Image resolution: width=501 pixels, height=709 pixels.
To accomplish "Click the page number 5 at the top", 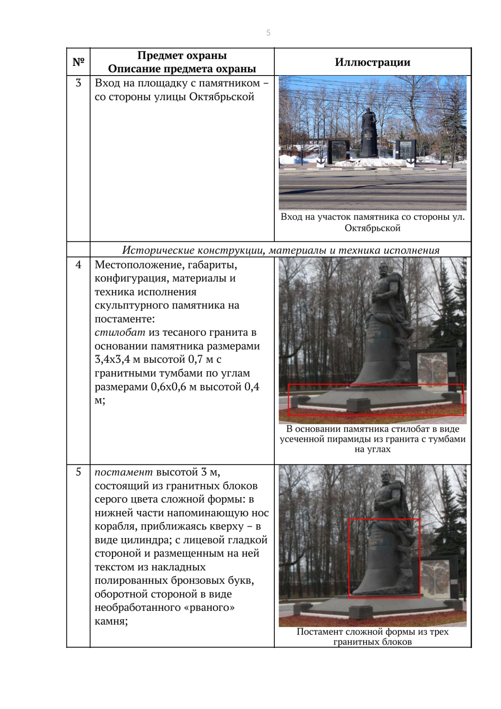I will (x=268, y=33).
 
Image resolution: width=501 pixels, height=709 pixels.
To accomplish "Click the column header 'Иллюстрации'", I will (x=372, y=62).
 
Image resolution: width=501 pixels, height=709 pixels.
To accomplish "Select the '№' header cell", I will (x=78, y=62).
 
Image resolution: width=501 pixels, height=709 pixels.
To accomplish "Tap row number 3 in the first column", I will (x=78, y=83).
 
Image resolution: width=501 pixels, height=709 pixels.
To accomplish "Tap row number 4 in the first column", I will (x=78, y=265).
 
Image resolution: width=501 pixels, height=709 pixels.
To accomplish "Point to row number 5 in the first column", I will (x=78, y=472).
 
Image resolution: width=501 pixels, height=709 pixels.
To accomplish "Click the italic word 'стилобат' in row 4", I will (x=120, y=333).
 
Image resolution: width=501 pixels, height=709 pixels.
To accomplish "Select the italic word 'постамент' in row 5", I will (x=124, y=472).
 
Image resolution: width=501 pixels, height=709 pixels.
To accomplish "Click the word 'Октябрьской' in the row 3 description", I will (x=222, y=97).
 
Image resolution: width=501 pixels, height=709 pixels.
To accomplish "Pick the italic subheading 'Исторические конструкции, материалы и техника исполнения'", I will (x=281, y=250).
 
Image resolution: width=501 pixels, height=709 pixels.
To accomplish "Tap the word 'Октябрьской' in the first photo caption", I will (x=372, y=228).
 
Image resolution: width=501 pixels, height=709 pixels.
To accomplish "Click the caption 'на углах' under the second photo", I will (x=372, y=449).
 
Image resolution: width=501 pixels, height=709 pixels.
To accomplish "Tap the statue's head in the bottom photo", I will (x=385, y=477).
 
